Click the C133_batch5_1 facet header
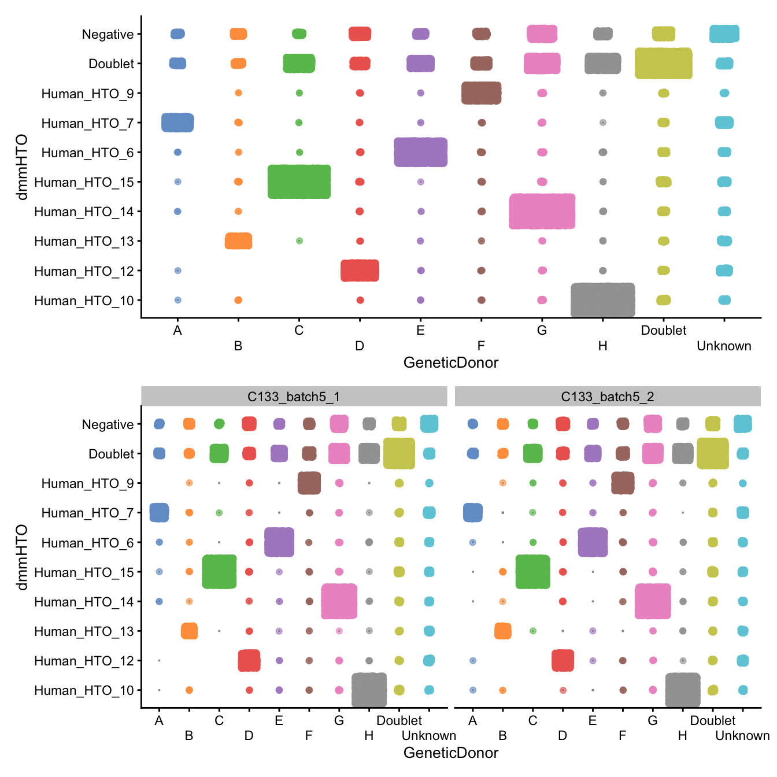(294, 397)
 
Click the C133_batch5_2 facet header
(607, 397)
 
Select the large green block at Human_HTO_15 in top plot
(299, 182)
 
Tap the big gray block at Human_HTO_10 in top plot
(602, 299)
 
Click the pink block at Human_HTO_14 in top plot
(542, 211)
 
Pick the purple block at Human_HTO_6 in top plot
(420, 152)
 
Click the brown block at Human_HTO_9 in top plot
(481, 93)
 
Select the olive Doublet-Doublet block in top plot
(663, 64)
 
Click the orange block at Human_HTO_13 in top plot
(238, 240)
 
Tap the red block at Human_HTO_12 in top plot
(360, 271)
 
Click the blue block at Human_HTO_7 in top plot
(177, 123)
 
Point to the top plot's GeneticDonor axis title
(451, 362)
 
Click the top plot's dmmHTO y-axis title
(22, 167)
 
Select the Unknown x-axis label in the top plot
(724, 346)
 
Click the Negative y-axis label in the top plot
(108, 34)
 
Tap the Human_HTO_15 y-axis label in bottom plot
(84, 572)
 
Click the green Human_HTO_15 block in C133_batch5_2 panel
(532, 572)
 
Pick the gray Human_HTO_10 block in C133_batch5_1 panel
(369, 690)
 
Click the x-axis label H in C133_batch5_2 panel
(683, 736)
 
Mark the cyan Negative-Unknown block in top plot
(724, 34)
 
